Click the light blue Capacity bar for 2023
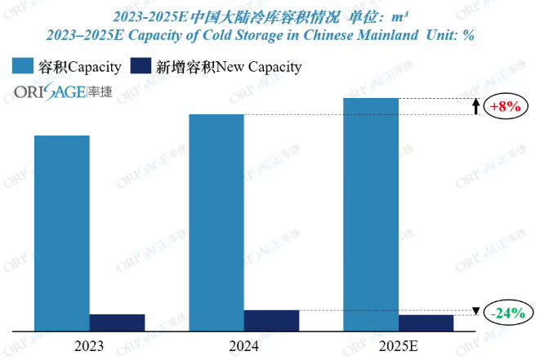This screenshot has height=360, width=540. point(62,233)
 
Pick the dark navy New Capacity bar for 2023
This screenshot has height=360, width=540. point(117,322)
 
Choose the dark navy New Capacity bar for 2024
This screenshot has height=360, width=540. point(271,321)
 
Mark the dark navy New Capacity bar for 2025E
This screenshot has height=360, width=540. point(426,322)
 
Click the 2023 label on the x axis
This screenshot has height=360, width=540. point(89,346)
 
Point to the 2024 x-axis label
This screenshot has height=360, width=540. point(243,346)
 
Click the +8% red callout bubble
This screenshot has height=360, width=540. point(505,107)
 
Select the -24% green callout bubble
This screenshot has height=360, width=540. point(507,313)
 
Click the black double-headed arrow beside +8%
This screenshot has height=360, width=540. point(476,107)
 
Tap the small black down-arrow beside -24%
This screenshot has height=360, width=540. point(476,311)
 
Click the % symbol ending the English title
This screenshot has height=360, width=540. point(468,36)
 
